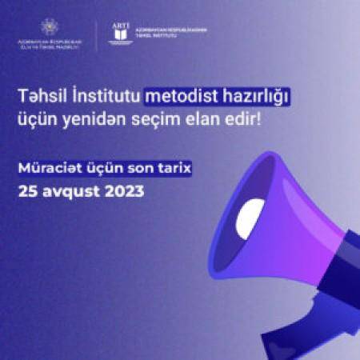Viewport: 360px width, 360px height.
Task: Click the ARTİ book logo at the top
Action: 121,35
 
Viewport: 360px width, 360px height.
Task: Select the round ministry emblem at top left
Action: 48,26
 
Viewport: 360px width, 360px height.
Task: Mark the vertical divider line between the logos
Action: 96,35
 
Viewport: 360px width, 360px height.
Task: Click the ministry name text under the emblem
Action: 49,46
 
